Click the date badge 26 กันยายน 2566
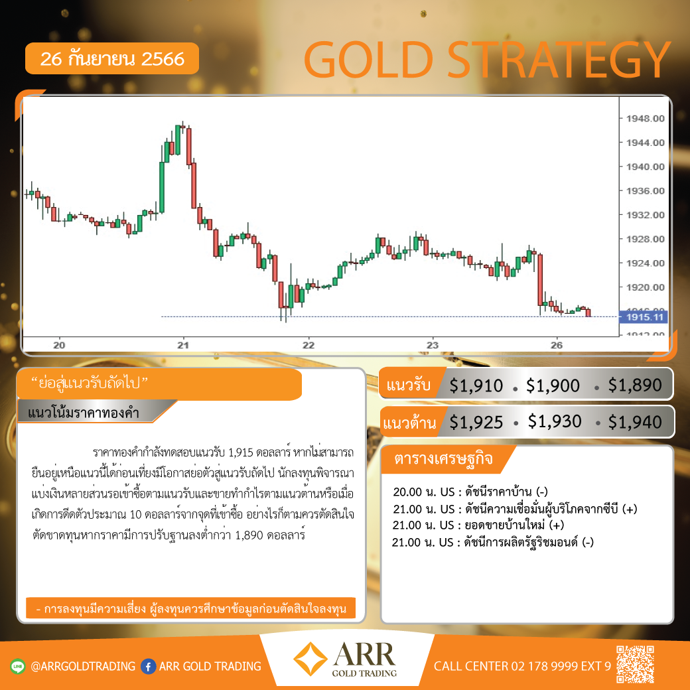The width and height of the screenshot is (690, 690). (112, 58)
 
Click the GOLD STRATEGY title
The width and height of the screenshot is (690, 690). (487, 60)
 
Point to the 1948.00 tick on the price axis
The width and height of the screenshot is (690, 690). (645, 118)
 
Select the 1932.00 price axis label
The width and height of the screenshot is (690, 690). (645, 215)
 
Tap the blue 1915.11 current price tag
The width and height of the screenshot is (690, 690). (644, 317)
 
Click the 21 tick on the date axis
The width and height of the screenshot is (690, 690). (183, 345)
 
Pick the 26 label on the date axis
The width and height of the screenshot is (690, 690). (557, 345)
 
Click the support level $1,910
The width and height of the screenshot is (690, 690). (476, 385)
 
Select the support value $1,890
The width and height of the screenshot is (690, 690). (634, 385)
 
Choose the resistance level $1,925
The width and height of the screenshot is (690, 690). (476, 423)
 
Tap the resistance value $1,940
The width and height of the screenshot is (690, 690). (634, 423)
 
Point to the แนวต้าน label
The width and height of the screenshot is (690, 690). (409, 423)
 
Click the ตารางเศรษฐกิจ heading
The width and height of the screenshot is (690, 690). (443, 458)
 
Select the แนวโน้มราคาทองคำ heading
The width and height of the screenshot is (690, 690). (83, 413)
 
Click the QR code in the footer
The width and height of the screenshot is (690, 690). (635, 665)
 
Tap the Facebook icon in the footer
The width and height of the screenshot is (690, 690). (149, 666)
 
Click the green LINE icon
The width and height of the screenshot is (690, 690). (18, 666)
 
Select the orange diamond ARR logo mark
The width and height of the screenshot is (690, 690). (310, 659)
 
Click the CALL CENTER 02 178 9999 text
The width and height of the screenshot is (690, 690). (522, 666)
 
